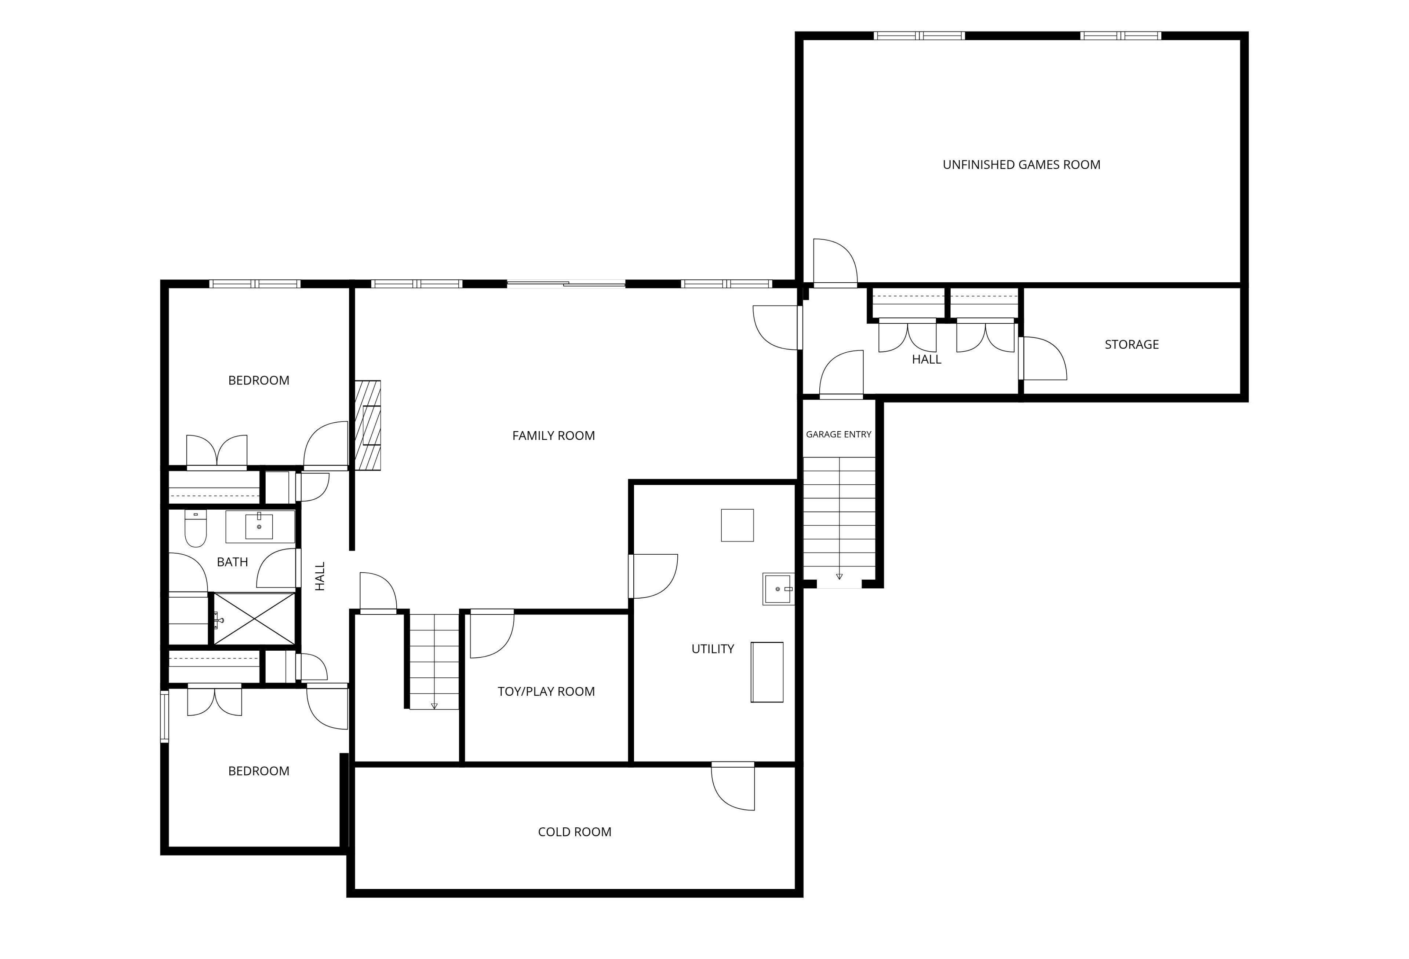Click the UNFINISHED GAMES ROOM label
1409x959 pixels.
click(x=1021, y=165)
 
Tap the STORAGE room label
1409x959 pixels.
click(x=1131, y=345)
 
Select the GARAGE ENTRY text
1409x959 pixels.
click(x=838, y=434)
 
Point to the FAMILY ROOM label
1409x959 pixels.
click(x=554, y=436)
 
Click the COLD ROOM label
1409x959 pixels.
click(x=575, y=832)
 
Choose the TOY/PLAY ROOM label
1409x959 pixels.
click(x=546, y=691)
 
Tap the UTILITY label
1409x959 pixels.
click(x=713, y=649)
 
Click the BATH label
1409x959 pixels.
click(x=232, y=562)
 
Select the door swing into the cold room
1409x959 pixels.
click(x=733, y=786)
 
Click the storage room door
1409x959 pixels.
click(x=1043, y=358)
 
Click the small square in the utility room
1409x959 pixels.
click(x=737, y=525)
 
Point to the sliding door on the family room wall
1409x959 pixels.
click(x=566, y=283)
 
